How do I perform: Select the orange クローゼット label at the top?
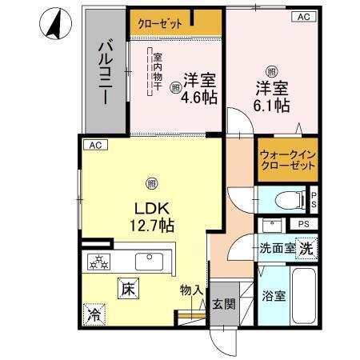(x=164, y=22)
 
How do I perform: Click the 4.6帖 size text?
(x=199, y=98)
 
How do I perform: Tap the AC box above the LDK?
(x=94, y=145)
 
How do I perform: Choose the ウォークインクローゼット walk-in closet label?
(x=286, y=160)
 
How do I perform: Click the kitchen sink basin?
(x=150, y=262)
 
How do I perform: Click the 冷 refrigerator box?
(x=94, y=314)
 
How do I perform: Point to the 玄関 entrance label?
(x=222, y=303)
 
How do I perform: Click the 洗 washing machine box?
(x=306, y=249)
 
